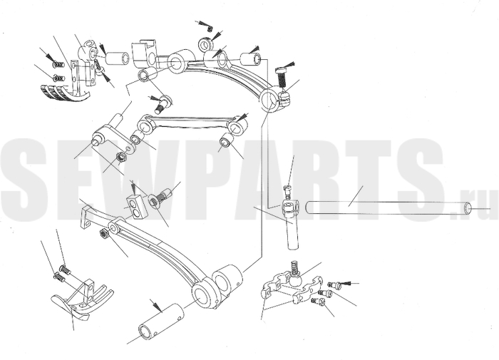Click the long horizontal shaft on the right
point(389,207)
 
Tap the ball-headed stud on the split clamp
point(295,275)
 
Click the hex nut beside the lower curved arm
point(105,234)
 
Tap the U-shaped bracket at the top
point(145,53)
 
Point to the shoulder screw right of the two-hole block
point(160,197)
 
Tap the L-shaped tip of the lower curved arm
point(86,217)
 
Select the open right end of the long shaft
point(468,208)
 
